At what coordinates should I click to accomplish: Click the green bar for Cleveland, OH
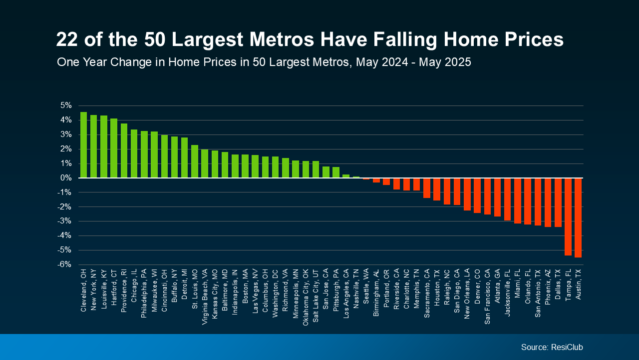[83, 145]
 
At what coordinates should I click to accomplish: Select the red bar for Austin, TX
[578, 217]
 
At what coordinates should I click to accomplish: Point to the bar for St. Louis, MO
[195, 161]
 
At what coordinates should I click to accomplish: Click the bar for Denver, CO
[477, 195]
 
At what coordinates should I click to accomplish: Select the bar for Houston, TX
[437, 189]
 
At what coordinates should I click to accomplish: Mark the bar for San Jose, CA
[326, 172]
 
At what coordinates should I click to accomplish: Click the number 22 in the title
[68, 39]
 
